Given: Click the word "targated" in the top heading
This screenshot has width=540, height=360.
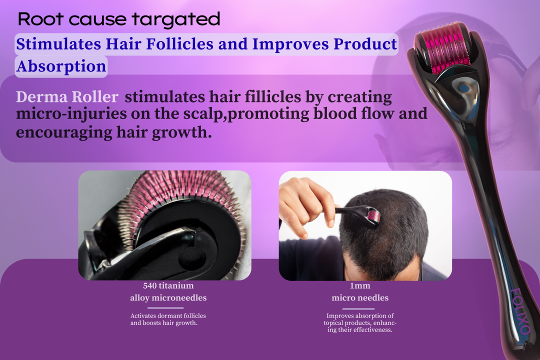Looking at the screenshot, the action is [x=176, y=20].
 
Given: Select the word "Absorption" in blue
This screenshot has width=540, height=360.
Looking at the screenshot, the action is [x=61, y=66].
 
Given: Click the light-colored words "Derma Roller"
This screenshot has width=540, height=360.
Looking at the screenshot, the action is [x=67, y=97].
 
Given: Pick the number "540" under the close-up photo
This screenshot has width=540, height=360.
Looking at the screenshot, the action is [x=150, y=285].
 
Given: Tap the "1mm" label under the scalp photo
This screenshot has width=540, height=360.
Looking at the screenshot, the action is [x=360, y=285].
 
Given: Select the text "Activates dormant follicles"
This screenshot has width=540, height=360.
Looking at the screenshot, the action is [x=168, y=315].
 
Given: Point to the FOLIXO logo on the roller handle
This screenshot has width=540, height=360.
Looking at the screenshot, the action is [x=520, y=311].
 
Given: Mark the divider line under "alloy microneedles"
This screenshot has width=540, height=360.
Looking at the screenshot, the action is [x=165, y=307].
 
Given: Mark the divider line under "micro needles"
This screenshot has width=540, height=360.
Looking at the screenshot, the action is [x=358, y=308].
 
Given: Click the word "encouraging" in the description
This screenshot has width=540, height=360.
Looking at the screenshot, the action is [x=64, y=132].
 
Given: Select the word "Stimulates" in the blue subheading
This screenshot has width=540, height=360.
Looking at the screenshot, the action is [x=58, y=44].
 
